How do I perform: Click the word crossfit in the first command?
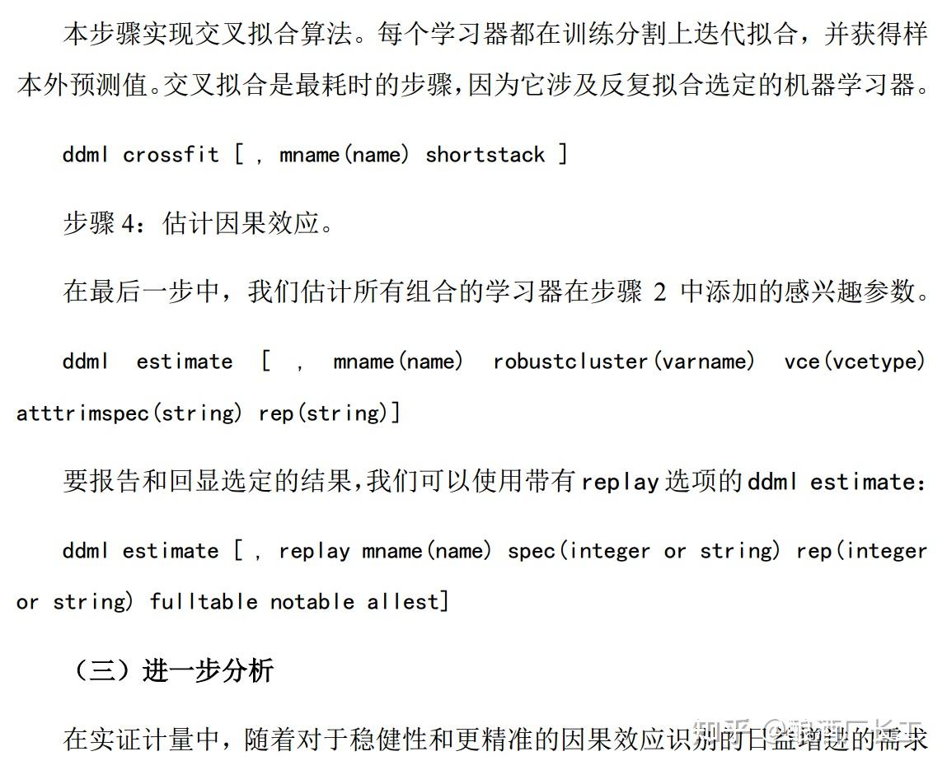tap(171, 155)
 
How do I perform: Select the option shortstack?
tap(485, 155)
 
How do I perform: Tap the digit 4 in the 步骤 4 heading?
tap(129, 224)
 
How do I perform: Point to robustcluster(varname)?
tap(624, 362)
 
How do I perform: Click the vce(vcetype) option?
tap(855, 362)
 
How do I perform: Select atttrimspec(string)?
tap(129, 413)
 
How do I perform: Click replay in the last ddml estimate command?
tap(314, 551)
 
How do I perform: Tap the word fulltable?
tap(204, 602)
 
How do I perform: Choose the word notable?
tap(312, 602)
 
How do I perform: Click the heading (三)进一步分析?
tap(172, 670)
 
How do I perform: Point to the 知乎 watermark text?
tap(722, 730)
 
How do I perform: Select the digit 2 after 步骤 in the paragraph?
tap(659, 292)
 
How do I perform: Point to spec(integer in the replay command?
tap(579, 551)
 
